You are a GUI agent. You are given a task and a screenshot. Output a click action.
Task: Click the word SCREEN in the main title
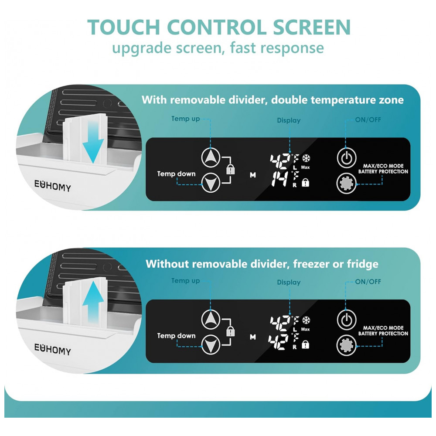[x=312, y=27]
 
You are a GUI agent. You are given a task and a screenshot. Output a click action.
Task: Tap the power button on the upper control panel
[x=347, y=158]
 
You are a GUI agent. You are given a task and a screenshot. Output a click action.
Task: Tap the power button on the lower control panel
[x=347, y=320]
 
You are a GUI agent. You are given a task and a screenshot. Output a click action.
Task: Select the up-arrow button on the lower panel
[x=211, y=320]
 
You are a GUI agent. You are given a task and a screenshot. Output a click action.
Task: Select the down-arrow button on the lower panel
[x=211, y=345]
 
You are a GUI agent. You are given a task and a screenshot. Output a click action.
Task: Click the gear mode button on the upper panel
[x=347, y=184]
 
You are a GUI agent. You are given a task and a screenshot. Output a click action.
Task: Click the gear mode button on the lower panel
[x=347, y=345]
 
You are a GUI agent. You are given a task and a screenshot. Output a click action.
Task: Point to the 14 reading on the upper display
[x=280, y=179]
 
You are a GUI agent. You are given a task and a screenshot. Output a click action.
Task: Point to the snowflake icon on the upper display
[x=306, y=158]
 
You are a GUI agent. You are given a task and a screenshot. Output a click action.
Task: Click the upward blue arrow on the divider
[x=93, y=302]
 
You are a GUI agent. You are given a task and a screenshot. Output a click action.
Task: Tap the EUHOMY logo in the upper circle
[x=53, y=186]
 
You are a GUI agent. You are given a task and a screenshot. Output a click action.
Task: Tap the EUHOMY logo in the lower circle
[x=53, y=349]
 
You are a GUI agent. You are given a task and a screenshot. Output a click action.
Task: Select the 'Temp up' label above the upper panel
[x=185, y=119]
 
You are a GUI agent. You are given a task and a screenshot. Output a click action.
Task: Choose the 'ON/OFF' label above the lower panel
[x=368, y=282]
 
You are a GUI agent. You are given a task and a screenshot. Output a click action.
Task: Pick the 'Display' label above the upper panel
[x=289, y=120]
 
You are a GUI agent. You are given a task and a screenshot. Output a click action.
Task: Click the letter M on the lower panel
[x=253, y=337]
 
